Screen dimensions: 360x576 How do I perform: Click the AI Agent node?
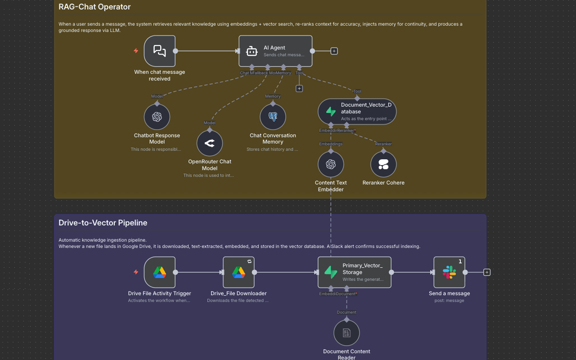(x=275, y=51)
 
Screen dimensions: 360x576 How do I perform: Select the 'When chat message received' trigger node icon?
(x=159, y=51)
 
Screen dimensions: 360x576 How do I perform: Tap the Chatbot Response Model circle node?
(x=157, y=117)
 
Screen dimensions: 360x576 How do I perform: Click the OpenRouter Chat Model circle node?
(x=210, y=143)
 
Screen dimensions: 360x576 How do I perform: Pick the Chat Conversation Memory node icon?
(x=273, y=117)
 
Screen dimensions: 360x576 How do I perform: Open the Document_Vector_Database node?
(x=357, y=112)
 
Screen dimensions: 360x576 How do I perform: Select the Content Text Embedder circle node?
(x=331, y=164)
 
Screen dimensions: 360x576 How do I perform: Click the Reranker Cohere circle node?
(x=383, y=164)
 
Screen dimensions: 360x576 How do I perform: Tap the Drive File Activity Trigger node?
(x=159, y=272)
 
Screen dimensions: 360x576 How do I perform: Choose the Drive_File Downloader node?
(x=238, y=272)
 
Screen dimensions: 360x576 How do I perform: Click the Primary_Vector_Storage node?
(x=354, y=272)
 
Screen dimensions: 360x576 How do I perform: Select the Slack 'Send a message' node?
(x=449, y=272)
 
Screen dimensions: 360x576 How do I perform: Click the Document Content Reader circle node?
(x=346, y=333)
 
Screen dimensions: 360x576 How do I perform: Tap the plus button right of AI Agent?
(x=334, y=51)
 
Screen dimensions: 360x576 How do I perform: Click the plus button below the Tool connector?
(x=299, y=89)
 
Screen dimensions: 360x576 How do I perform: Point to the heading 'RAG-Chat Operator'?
(x=94, y=7)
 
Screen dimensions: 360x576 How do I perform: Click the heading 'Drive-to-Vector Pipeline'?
(x=103, y=223)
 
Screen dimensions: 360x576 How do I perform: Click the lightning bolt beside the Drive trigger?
(x=136, y=272)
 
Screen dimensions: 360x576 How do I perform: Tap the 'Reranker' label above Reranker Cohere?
(x=383, y=144)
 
